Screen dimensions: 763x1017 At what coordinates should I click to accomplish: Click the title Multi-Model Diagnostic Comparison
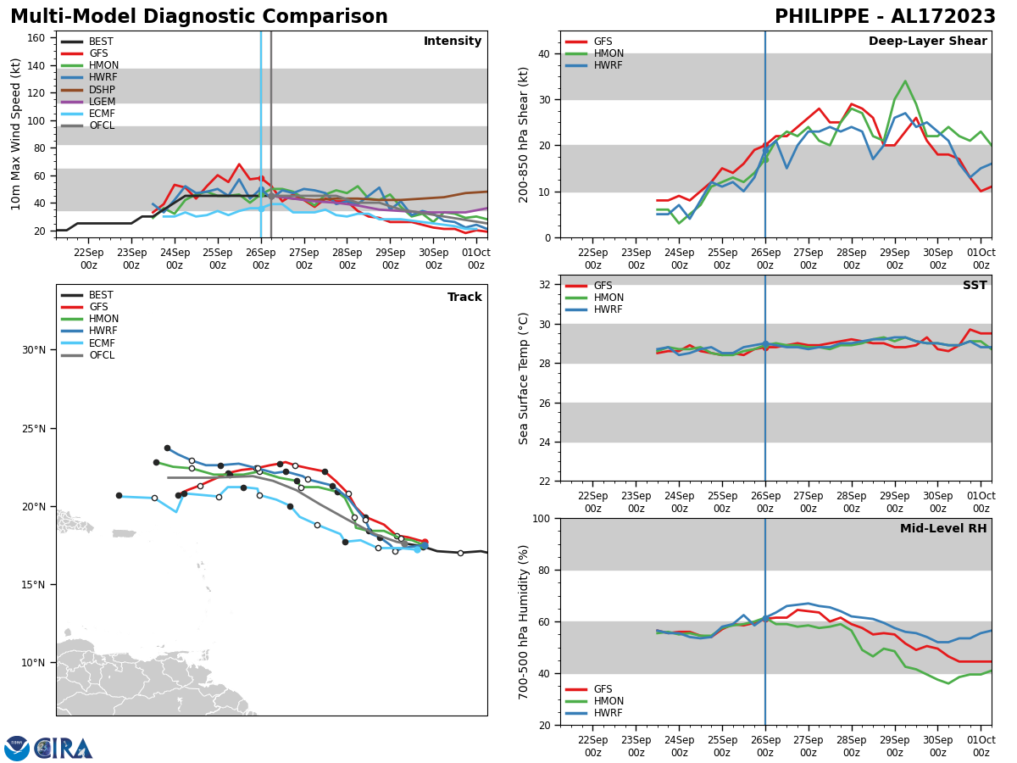tap(198, 17)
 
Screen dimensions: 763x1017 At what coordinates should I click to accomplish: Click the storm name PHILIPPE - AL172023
tap(885, 17)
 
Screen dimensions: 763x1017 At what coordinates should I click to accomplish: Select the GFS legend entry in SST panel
tap(603, 286)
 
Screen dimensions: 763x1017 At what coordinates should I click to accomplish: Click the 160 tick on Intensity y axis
tap(39, 38)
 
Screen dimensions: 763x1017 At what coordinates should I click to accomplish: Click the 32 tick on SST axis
tap(543, 285)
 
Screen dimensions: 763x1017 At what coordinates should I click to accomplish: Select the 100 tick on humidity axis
tap(540, 519)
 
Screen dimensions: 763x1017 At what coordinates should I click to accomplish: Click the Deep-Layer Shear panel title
tap(927, 42)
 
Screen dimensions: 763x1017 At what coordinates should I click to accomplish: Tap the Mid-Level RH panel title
tap(943, 529)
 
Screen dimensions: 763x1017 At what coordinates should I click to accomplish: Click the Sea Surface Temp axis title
tap(524, 378)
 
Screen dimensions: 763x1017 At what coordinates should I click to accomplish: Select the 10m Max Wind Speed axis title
tap(16, 134)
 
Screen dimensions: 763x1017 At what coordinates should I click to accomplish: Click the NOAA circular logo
tap(17, 749)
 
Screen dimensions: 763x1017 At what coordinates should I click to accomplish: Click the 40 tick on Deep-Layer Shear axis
tap(543, 53)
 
